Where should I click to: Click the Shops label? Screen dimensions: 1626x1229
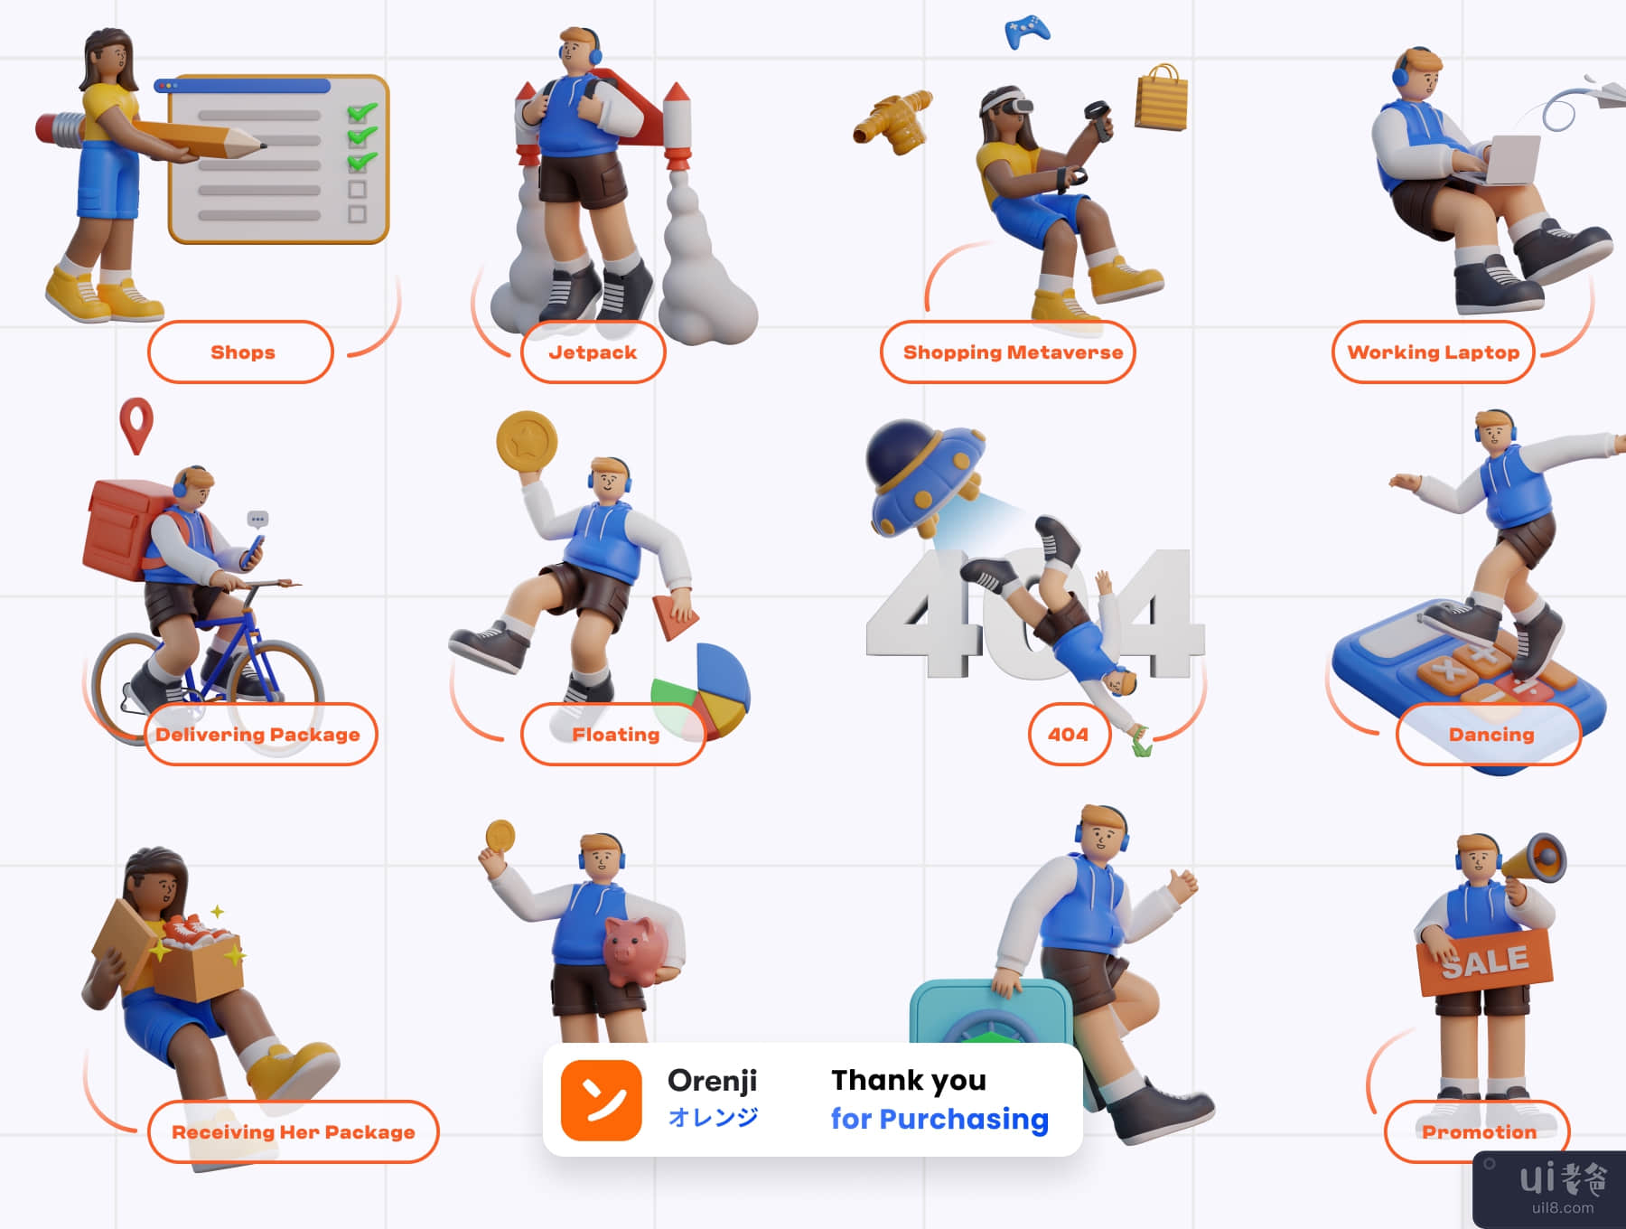241,352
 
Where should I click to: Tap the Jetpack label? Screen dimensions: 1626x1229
593,352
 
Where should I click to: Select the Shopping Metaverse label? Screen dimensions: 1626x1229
1008,352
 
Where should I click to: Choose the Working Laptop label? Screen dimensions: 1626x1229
1434,352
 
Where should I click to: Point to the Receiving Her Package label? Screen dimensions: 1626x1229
294,1131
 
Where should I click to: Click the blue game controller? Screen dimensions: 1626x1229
1027,32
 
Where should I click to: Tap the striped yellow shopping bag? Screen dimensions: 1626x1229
1161,98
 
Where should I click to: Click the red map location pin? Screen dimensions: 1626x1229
136,425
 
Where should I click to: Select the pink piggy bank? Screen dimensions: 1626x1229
637,951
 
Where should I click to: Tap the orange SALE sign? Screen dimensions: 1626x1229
1485,962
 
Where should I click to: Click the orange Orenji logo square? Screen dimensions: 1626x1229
602,1100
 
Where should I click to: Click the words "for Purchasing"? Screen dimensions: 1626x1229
939,1119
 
